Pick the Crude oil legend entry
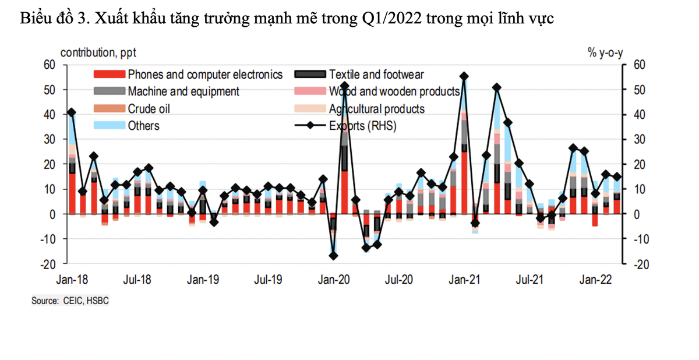(149, 109)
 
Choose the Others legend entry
(143, 126)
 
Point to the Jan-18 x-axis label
(72, 280)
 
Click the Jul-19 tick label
(269, 280)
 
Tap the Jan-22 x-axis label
(596, 280)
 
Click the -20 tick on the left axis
(48, 264)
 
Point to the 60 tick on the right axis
(639, 65)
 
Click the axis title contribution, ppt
(98, 53)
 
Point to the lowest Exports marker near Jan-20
(333, 256)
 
